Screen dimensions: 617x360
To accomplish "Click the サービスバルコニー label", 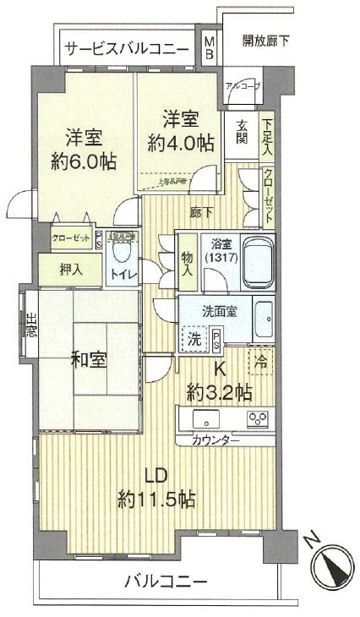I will pyautogui.click(x=127, y=48).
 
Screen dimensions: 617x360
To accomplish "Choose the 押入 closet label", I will pyautogui.click(x=72, y=272).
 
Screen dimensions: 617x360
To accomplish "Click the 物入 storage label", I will pyautogui.click(x=188, y=265).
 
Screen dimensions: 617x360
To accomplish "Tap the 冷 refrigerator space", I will pyautogui.click(x=261, y=359).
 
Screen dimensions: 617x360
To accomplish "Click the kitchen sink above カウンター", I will pyautogui.click(x=206, y=419).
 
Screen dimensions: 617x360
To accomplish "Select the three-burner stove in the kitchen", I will pyautogui.click(x=258, y=419).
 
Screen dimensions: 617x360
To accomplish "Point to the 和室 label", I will pyautogui.click(x=88, y=359).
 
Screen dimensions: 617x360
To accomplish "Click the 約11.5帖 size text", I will pyautogui.click(x=157, y=498).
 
